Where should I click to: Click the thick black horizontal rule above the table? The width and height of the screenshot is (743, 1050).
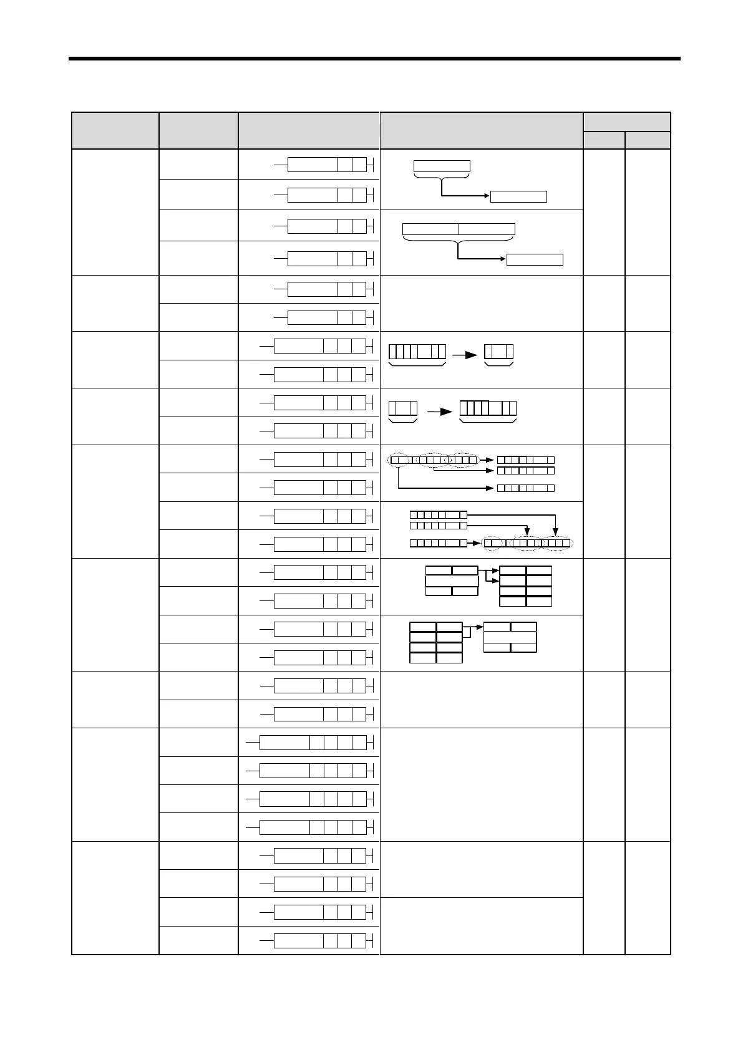374,59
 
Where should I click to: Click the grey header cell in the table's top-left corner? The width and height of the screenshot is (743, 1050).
115,130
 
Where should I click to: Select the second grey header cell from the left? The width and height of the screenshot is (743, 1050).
198,130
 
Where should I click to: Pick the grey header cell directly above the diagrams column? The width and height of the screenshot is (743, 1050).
481,130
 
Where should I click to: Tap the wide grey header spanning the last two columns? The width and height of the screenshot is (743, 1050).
627,122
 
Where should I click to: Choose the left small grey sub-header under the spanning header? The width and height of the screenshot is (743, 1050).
604,140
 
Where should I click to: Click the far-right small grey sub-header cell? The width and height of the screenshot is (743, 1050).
648,140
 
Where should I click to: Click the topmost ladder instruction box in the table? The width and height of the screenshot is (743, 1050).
313,165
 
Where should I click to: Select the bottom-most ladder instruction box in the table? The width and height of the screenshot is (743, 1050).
299,940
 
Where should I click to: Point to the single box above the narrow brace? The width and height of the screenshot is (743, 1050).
442,166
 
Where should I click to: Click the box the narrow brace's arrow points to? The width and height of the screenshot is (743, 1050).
518,197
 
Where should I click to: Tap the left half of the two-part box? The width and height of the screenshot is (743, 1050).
430,229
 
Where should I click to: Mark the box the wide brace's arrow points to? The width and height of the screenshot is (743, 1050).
535,259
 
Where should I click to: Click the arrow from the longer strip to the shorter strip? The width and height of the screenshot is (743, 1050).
464,355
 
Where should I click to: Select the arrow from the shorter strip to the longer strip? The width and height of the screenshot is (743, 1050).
439,412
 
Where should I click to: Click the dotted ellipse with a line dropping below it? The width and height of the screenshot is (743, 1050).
398,460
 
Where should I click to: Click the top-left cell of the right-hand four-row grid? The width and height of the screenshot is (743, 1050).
513,570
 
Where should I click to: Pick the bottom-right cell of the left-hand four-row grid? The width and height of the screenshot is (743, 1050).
449,658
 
